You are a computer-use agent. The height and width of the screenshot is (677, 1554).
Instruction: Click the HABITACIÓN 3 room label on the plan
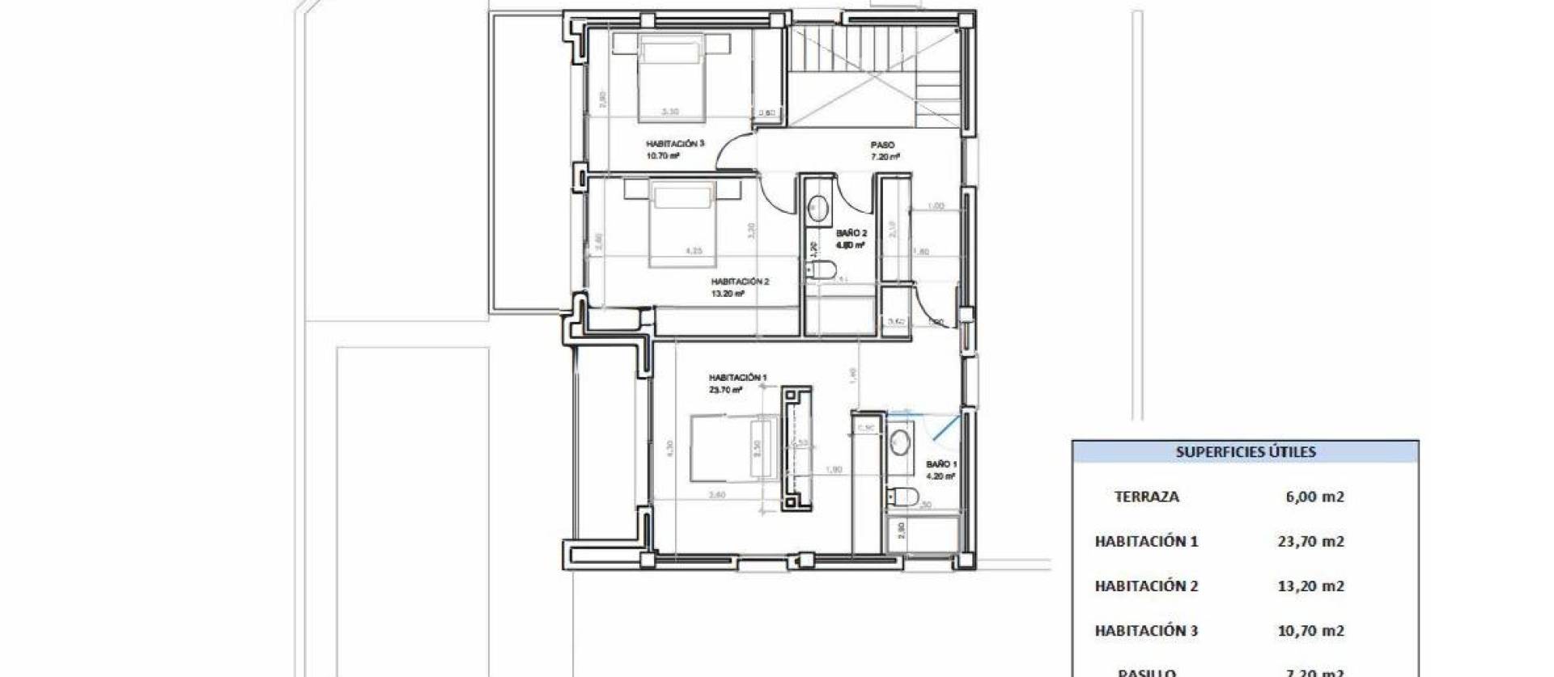[675, 144]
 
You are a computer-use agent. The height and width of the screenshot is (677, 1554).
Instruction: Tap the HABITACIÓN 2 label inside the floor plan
[740, 282]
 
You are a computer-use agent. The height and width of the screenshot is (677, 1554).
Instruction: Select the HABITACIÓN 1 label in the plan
[737, 378]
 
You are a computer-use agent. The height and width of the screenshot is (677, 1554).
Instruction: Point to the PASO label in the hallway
[882, 146]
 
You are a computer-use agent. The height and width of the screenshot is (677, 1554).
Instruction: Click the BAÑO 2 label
[851, 233]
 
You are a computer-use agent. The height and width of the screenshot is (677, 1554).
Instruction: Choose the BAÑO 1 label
[941, 465]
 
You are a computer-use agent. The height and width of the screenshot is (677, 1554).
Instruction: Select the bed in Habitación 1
[732, 450]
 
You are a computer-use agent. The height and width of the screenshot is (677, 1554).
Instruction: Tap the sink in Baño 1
[899, 442]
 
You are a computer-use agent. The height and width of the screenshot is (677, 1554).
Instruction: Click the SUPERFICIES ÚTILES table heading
[1245, 452]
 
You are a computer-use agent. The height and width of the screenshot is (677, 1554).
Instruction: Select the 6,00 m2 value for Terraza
[1314, 497]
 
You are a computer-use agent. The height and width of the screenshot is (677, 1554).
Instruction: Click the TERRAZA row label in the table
[1146, 497]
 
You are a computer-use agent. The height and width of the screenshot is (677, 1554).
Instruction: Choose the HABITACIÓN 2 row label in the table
[1146, 586]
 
